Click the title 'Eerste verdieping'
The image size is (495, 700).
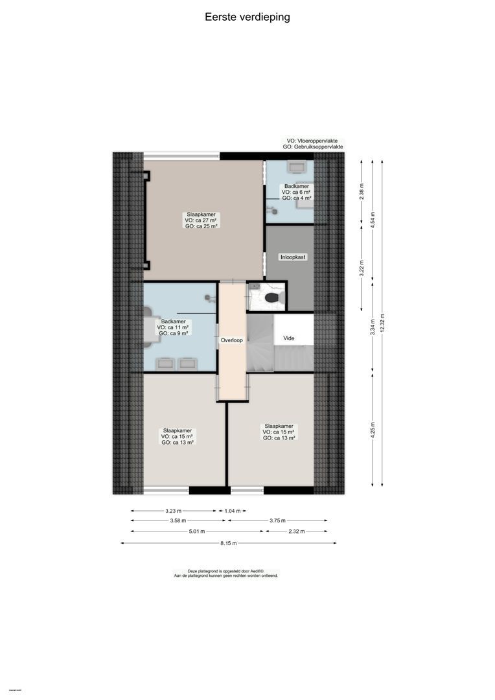click(247, 17)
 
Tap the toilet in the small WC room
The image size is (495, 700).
click(273, 297)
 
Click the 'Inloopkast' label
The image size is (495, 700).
click(292, 257)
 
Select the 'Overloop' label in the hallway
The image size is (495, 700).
click(232, 340)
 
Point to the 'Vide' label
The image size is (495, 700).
click(289, 338)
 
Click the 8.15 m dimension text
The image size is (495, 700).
click(229, 543)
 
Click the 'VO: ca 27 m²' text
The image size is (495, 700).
click(201, 220)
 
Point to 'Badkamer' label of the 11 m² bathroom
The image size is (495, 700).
click(173, 321)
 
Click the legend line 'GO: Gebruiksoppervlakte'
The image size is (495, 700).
click(313, 147)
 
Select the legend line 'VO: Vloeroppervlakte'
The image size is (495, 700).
click(312, 140)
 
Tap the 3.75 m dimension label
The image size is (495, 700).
click(277, 520)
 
